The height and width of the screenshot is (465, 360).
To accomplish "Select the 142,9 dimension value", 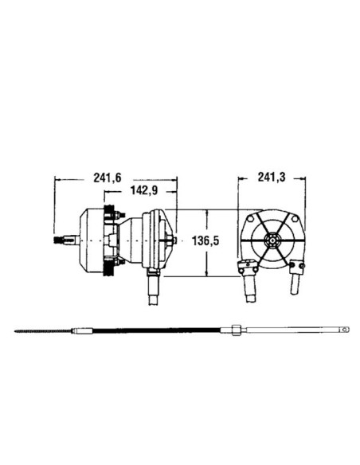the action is click(x=144, y=190).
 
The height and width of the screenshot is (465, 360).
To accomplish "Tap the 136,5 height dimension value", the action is click(x=205, y=240).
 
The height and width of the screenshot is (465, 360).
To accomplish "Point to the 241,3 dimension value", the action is click(x=271, y=178).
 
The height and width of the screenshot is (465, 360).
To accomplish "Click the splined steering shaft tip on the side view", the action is click(x=61, y=240).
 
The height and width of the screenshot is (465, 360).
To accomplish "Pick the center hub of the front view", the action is click(x=272, y=240).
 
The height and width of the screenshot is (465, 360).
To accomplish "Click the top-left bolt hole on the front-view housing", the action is click(x=249, y=218).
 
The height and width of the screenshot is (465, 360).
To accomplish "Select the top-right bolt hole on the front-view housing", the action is click(x=295, y=218).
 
